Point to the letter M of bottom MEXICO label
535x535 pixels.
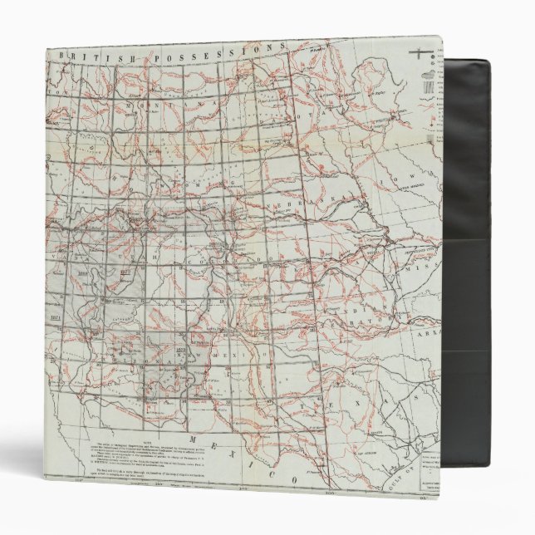click(193, 438)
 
